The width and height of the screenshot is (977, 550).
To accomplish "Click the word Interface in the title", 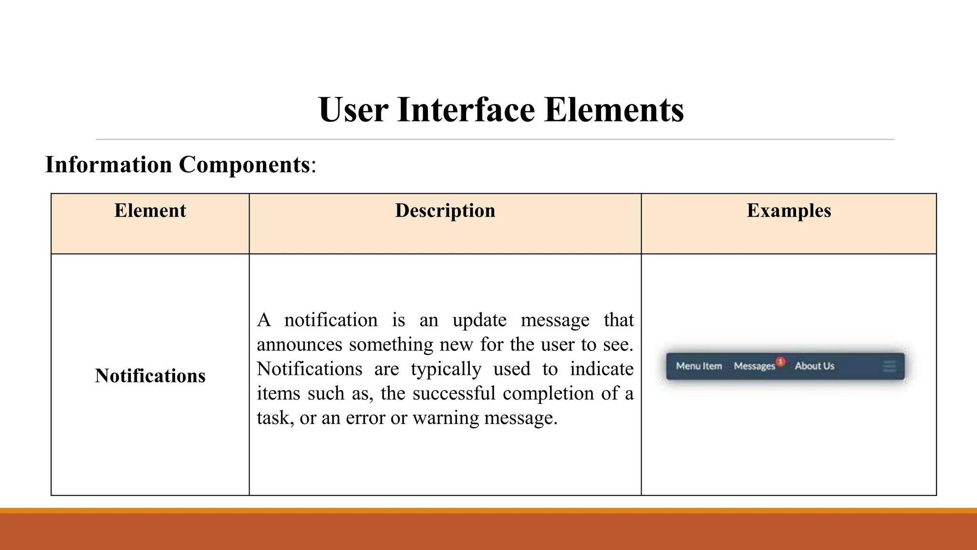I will click(466, 110).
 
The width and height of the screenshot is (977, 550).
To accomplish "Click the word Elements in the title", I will click(613, 110).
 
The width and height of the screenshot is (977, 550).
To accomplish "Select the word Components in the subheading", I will click(244, 165).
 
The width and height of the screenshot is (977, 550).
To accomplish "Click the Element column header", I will click(150, 211).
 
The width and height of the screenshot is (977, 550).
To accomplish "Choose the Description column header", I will click(445, 211).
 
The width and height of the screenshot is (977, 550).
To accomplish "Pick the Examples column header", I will click(789, 211).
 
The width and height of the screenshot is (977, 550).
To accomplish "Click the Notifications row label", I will click(150, 376).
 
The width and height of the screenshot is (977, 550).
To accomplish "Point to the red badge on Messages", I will click(780, 361).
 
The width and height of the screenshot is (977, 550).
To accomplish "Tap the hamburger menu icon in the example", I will click(889, 367).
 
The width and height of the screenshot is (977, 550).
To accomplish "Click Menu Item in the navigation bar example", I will click(699, 366).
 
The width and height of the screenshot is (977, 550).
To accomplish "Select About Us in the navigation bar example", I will click(814, 366).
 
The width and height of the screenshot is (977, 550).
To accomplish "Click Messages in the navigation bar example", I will click(754, 366).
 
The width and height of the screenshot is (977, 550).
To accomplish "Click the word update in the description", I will click(479, 320).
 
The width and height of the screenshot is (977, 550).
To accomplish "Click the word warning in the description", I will click(446, 418).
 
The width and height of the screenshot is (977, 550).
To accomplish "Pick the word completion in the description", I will click(548, 393).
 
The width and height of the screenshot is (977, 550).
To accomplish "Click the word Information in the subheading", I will click(108, 165).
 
